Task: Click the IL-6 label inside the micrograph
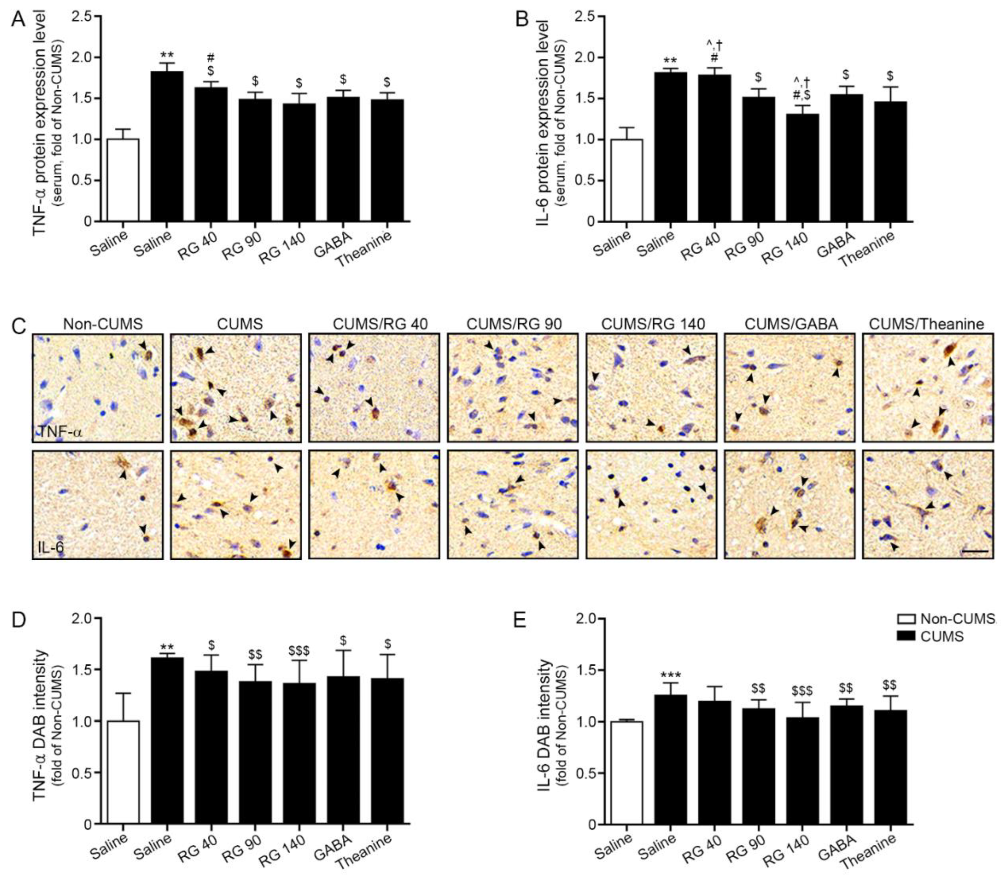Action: (50, 547)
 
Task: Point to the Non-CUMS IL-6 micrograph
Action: (97, 504)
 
